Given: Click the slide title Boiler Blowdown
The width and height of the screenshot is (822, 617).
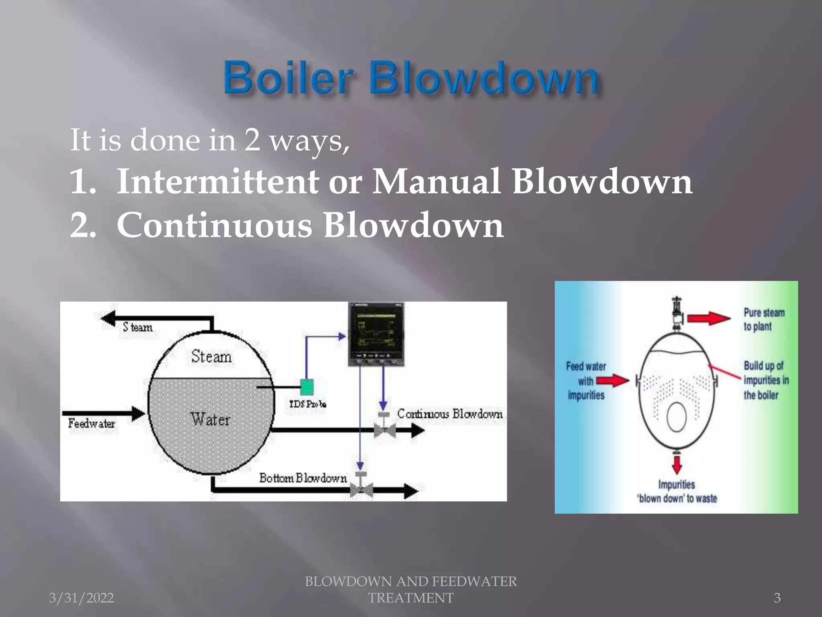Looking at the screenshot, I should [411, 77].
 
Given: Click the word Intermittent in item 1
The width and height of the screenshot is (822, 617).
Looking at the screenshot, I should [217, 182].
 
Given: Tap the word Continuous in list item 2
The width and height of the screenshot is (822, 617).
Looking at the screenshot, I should [214, 225].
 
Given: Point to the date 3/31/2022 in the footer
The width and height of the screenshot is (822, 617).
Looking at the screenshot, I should [81, 598].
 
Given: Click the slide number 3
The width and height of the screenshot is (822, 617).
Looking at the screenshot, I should [777, 598].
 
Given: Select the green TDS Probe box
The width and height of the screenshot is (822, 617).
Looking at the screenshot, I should [307, 387].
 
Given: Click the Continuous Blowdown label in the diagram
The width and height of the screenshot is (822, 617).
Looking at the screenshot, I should [450, 414].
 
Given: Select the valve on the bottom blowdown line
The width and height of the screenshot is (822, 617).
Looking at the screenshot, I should [361, 490].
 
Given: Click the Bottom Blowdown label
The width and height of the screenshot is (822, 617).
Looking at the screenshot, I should [303, 478].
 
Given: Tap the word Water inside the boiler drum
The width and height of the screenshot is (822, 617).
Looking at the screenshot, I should [210, 420].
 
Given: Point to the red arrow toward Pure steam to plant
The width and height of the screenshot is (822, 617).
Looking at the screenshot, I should [708, 319].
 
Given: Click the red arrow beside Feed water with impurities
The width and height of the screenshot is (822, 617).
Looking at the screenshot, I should [612, 380].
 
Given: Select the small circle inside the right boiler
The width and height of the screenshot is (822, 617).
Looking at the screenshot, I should [677, 417].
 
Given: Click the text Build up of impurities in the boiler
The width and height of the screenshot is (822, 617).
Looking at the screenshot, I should [766, 380].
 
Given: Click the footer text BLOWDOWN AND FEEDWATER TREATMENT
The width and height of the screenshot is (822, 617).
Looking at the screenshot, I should [411, 589].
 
